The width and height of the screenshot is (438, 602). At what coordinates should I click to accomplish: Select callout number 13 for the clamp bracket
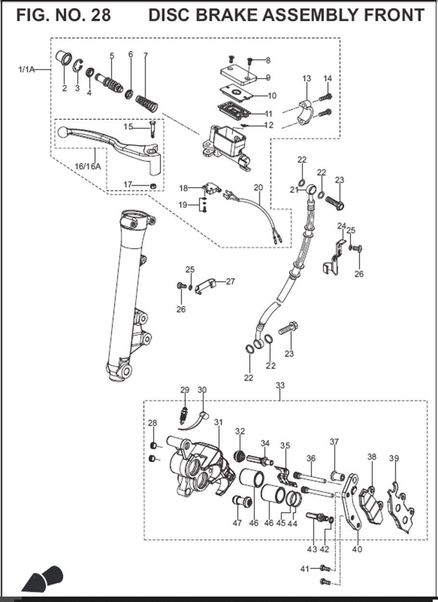coord(307,79)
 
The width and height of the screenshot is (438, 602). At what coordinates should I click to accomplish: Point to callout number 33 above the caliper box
coord(280,385)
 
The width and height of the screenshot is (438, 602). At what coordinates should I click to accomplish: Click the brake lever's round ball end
coord(63,131)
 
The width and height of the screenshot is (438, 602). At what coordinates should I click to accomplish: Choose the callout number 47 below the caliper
coord(237,523)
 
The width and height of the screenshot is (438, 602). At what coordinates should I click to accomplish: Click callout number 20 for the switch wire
coord(258,187)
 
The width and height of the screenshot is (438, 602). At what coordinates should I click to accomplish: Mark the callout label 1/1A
coord(26,70)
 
